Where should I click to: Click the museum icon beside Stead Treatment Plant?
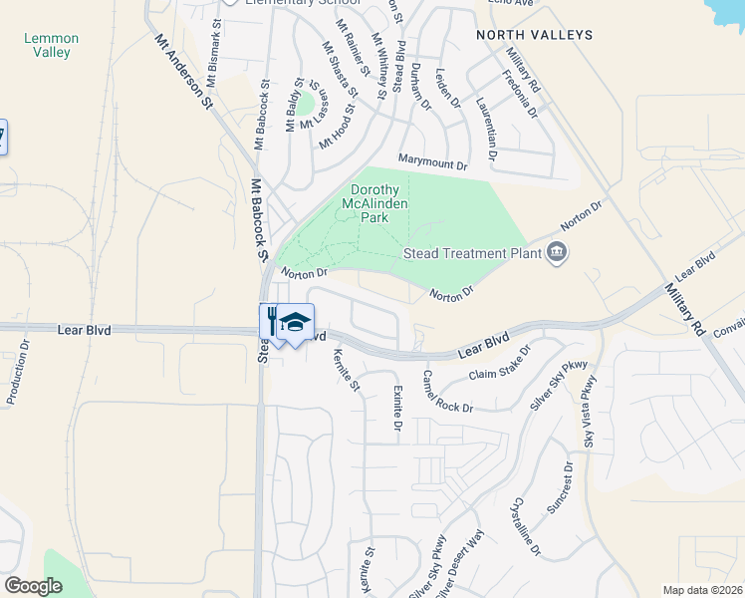point(556,252)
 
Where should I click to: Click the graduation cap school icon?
point(296,321)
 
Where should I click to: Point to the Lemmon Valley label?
point(51,46)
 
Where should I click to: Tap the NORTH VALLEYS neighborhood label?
point(534,35)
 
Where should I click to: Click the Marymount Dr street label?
point(432,163)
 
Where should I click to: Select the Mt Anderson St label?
point(183,71)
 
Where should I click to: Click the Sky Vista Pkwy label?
point(590,410)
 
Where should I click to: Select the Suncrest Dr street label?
point(560,488)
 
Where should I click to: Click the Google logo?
point(34,585)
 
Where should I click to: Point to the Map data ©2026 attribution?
point(689,590)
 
